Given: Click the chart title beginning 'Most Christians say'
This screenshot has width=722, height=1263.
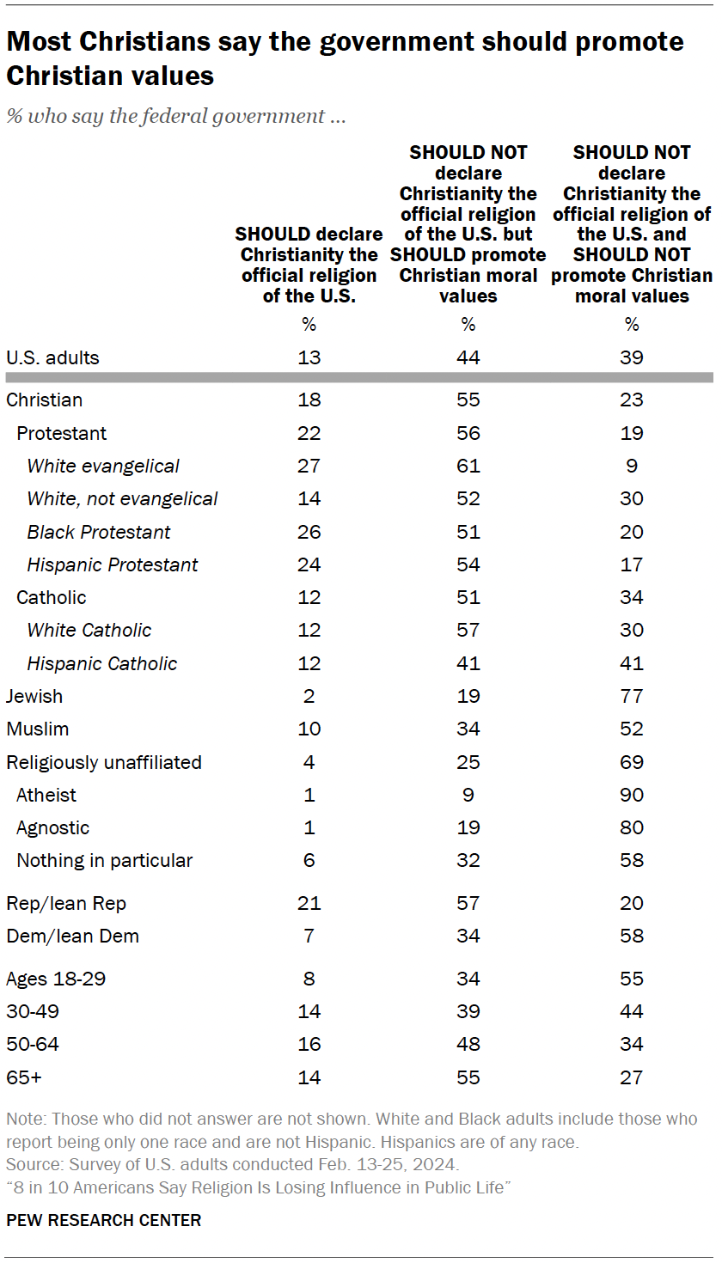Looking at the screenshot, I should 344,58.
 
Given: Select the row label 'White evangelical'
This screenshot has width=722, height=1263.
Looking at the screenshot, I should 103,467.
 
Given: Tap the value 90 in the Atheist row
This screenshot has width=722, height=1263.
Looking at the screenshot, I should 632,795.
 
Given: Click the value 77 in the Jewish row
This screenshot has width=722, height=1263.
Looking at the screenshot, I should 632,696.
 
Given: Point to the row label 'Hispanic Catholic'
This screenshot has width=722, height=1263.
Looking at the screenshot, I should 101,663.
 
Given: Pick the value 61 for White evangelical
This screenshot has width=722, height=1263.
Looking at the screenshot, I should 468,467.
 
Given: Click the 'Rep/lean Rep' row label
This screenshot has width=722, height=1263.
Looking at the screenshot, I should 66,903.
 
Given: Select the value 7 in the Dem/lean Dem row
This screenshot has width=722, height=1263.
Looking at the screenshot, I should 309,936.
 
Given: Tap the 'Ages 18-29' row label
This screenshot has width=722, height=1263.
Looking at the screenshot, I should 56,979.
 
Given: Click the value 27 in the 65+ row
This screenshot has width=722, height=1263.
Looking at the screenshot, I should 632,1077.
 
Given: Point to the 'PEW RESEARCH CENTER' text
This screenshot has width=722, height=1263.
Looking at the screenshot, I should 104,1220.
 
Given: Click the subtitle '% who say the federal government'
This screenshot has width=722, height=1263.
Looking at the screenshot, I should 176,116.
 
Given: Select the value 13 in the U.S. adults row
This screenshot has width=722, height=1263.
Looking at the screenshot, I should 309,357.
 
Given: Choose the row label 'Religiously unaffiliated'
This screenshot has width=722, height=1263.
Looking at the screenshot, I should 104,762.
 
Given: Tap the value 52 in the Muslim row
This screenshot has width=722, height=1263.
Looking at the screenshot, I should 632,729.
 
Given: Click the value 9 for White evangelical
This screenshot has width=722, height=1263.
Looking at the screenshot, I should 632,467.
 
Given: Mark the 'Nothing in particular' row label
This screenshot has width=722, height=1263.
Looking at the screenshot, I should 105,860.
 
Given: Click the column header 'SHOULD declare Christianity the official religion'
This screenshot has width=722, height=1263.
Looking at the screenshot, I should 309,265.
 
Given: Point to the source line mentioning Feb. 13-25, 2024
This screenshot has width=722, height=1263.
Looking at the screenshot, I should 233,1165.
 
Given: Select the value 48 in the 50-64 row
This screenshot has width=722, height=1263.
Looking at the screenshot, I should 468,1044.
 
